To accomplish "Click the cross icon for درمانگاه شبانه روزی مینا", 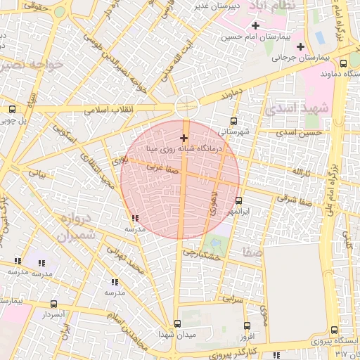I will click(x=184, y=138).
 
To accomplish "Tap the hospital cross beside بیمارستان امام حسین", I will click(x=255, y=26).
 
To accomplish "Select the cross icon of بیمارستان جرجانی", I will click(x=301, y=47).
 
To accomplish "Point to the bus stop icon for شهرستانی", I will click(x=234, y=120).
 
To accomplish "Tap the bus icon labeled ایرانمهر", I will click(x=239, y=200).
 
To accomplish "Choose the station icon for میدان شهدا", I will click(x=177, y=324).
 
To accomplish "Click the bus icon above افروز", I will click(x=247, y=326).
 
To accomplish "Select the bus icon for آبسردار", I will click(x=54, y=304).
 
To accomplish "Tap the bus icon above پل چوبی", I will click(x=12, y=109).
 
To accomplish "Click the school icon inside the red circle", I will click(x=134, y=219).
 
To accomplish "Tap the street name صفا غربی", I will click(x=161, y=169).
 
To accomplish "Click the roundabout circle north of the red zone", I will click(x=187, y=105).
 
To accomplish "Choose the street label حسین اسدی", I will click(x=300, y=132).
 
